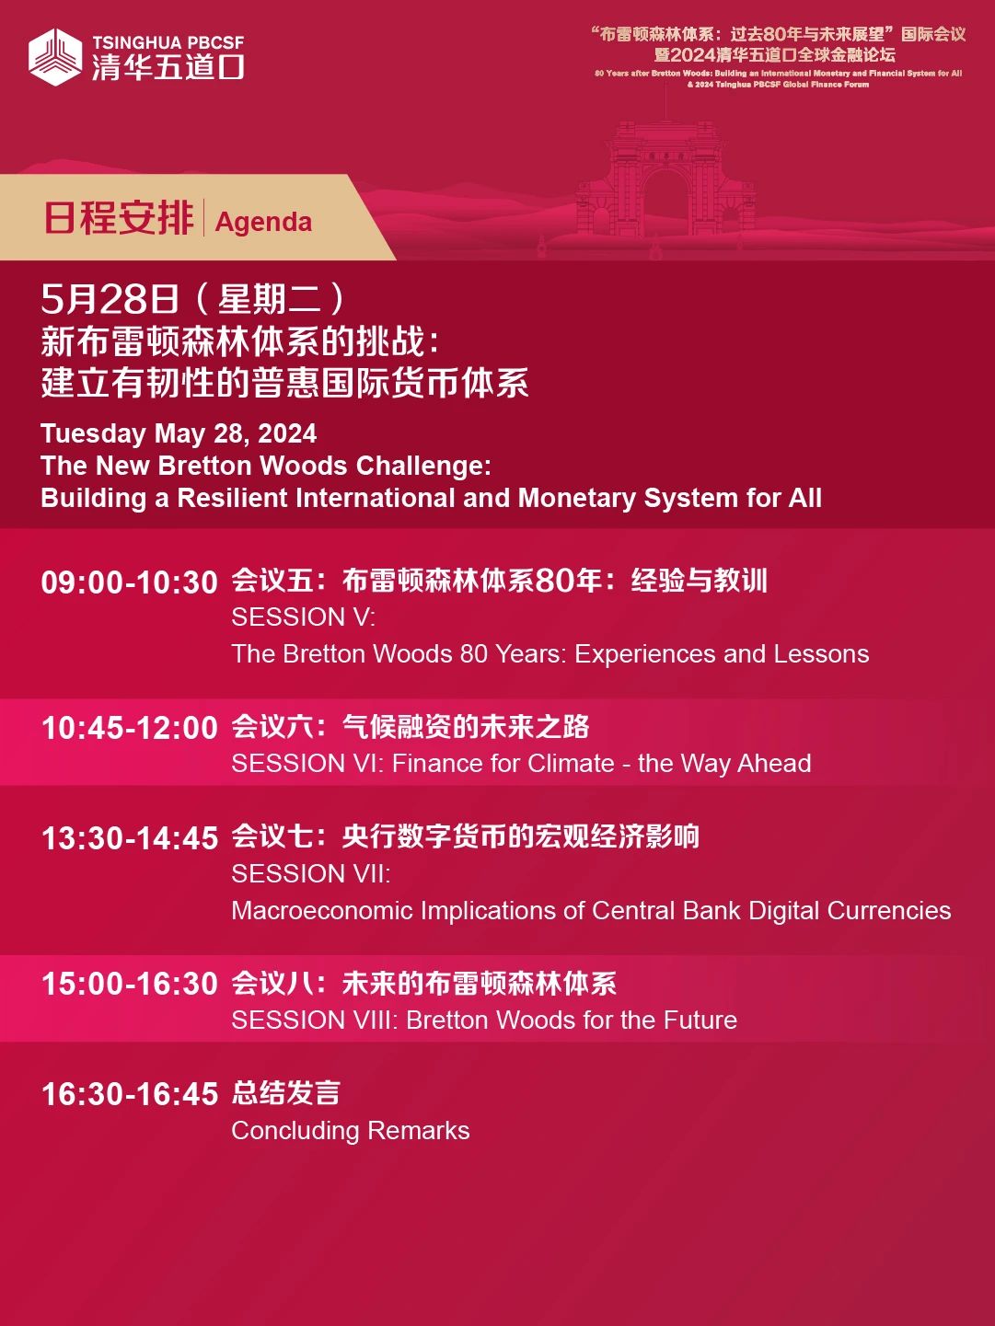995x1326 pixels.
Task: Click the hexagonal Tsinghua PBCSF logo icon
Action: [55, 57]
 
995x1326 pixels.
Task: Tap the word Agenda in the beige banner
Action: [263, 222]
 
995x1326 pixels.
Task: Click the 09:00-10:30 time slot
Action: [129, 583]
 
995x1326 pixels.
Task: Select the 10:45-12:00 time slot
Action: [129, 727]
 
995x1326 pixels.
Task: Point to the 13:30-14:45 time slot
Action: [129, 838]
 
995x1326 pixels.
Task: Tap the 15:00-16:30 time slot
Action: [129, 984]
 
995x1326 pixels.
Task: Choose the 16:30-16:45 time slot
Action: [129, 1094]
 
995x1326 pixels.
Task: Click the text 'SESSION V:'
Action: [303, 617]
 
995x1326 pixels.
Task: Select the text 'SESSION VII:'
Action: [311, 874]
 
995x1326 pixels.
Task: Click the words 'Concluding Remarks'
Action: [351, 1131]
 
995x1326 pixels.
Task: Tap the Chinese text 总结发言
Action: [285, 1093]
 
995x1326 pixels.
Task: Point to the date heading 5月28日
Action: [110, 298]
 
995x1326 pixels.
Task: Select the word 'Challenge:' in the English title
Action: [423, 466]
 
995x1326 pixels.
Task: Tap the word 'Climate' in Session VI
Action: [571, 764]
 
